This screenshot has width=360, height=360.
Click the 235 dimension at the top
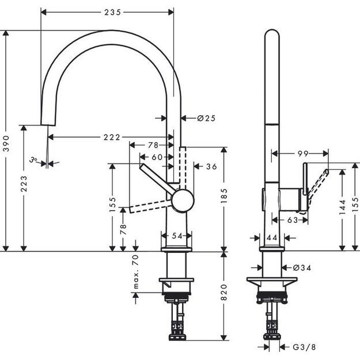108,10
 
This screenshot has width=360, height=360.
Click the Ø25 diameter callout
205,118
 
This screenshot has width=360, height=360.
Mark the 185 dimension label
223,198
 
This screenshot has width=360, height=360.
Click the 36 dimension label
211,166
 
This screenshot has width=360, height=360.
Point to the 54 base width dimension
177,236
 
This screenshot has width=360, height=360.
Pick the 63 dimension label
292,219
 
